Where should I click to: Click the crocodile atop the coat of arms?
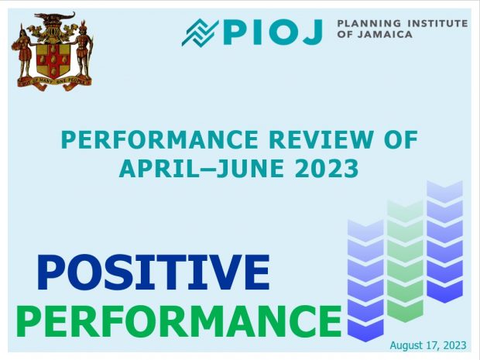(x=55, y=16)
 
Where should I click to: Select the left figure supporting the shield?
(x=23, y=51)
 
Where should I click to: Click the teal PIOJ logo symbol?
(x=201, y=33)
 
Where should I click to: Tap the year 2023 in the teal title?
(x=327, y=168)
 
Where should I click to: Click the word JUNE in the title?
(x=250, y=168)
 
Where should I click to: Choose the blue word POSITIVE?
(x=153, y=273)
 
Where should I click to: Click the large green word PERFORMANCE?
(x=179, y=321)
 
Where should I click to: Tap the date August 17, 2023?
(x=428, y=345)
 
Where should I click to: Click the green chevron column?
(x=405, y=261)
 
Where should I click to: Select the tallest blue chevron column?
(x=444, y=242)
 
